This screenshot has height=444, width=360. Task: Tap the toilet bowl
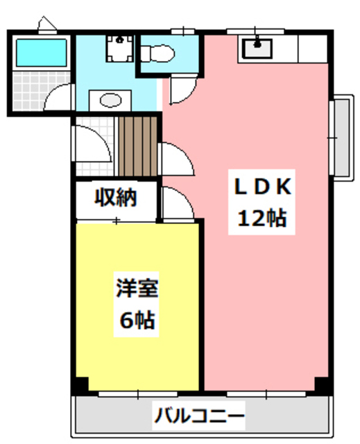(156, 52)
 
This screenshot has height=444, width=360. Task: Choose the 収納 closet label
(116, 198)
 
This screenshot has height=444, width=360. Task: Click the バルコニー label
(199, 417)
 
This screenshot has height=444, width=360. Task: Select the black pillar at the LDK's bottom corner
(321, 384)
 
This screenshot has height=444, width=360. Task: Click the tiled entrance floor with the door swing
(94, 149)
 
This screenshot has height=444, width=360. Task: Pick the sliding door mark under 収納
(117, 221)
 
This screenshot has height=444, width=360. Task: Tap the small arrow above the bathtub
(47, 25)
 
